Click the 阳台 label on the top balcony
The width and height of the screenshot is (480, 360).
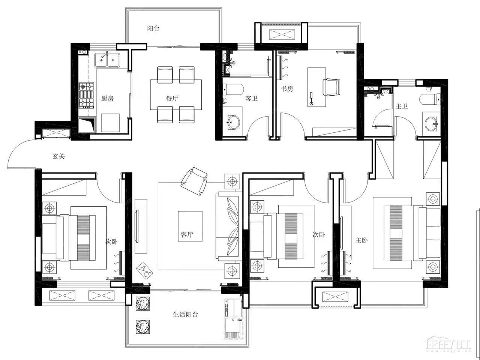(153, 28)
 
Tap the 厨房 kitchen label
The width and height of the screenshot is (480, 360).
(107, 98)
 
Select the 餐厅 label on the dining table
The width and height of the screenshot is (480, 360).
(172, 98)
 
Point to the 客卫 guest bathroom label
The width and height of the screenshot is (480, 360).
(251, 98)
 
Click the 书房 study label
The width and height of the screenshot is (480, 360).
(287, 88)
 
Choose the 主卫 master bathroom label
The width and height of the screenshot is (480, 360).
(402, 106)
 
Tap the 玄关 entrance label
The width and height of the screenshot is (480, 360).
(59, 156)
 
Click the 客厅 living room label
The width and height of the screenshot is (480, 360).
(187, 234)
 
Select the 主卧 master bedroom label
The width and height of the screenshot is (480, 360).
(361, 240)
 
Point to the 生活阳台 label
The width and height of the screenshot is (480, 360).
(185, 314)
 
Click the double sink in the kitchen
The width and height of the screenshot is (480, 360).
(107, 60)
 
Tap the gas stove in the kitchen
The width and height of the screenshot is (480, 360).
(86, 95)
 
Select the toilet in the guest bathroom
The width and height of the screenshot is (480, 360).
(233, 89)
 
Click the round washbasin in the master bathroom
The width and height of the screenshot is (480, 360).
(431, 124)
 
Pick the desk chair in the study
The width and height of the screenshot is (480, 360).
(331, 87)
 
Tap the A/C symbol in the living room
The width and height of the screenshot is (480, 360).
(144, 271)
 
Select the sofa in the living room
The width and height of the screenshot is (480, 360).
(228, 226)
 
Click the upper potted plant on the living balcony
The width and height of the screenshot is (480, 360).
(143, 303)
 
